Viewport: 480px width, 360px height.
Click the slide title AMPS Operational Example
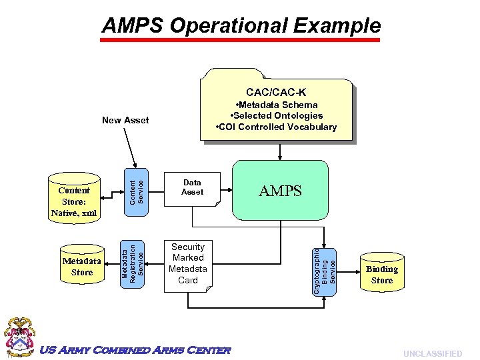coord(241,25)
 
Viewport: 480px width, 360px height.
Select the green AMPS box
coord(280,191)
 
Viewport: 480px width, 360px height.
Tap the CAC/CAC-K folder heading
coord(276,92)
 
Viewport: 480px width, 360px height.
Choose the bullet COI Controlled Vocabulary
coord(276,127)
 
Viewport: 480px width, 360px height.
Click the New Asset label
coord(125,120)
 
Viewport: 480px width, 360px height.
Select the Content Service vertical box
coord(136,188)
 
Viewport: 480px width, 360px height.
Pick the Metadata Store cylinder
coord(82,267)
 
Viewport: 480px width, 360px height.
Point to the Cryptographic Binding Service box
coord(325,268)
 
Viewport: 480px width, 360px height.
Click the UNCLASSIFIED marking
coord(433,353)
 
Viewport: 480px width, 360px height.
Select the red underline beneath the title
coord(240,40)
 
